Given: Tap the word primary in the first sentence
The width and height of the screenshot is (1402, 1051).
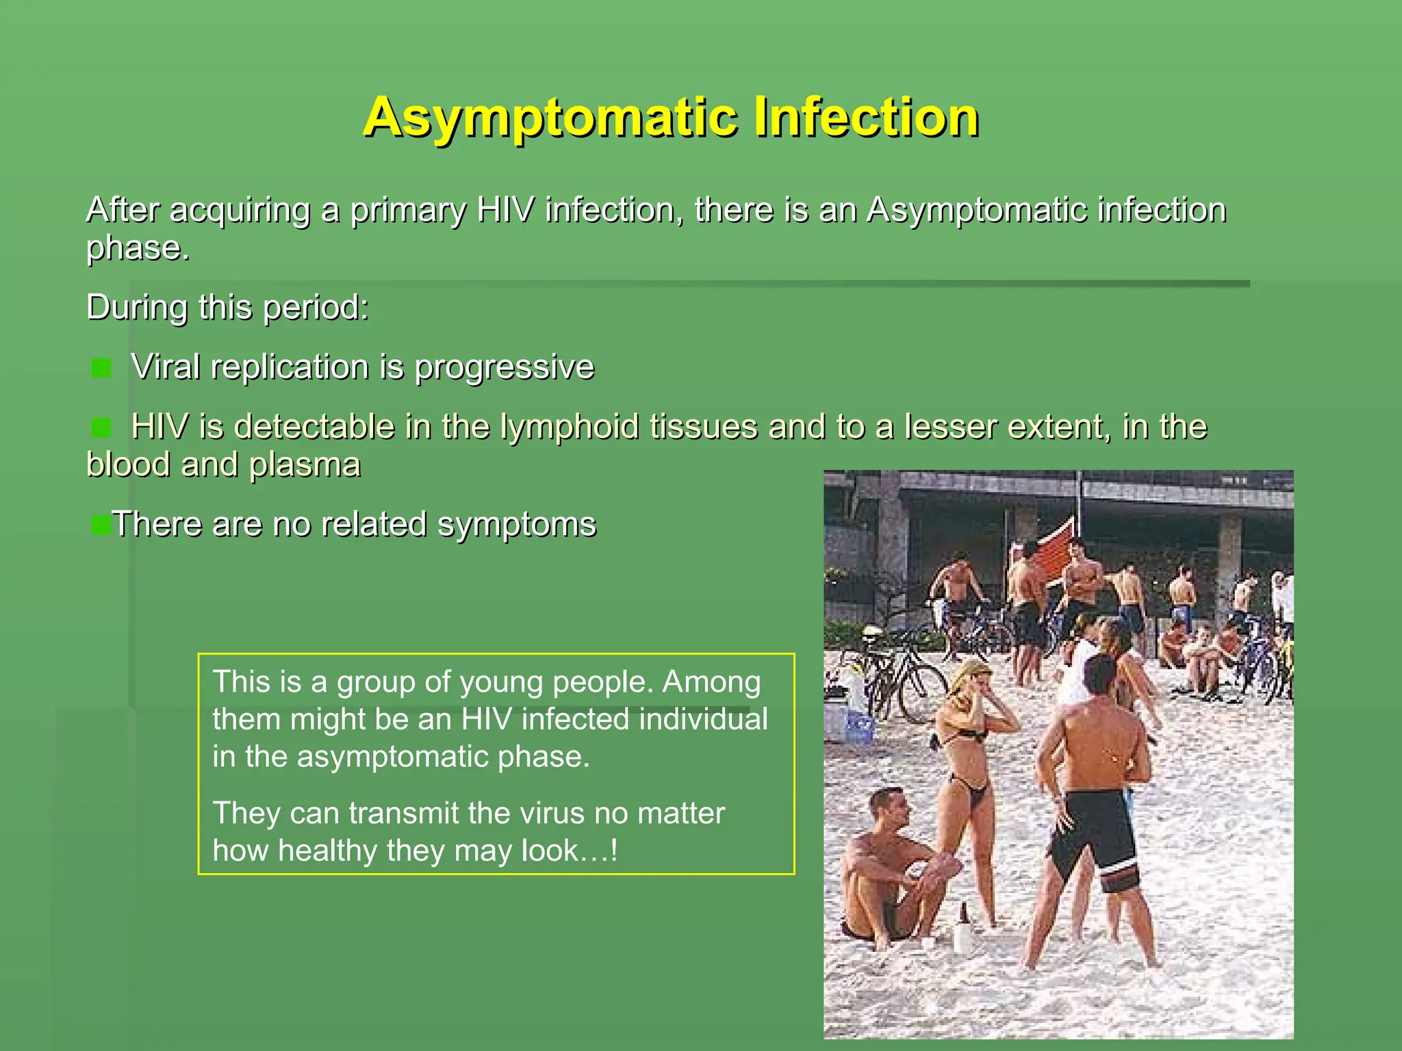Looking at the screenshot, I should coord(408,210).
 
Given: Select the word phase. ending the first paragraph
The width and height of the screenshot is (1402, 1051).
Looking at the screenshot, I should coord(138,248).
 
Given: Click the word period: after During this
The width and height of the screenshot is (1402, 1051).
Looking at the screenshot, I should coord(316,307).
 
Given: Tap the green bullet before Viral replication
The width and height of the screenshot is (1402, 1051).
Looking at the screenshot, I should coord(101,368).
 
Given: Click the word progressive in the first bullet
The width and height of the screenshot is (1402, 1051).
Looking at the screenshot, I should coord(505,367).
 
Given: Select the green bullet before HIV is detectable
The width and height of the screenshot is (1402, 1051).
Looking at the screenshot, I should coord(101,428).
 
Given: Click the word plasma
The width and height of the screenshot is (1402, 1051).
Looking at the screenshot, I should coord(305,465).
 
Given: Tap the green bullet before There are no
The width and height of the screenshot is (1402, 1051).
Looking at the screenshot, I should coord(101,525).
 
